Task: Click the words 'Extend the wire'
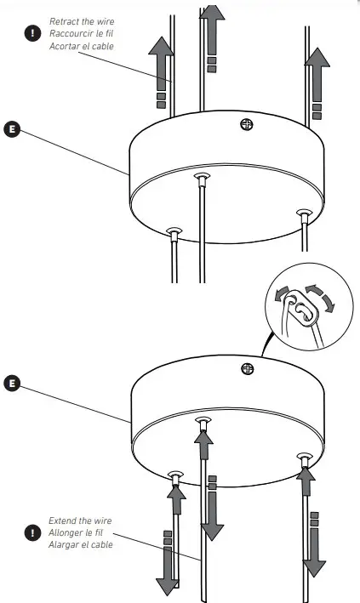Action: pos(80,521)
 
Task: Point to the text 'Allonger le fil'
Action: pos(79,532)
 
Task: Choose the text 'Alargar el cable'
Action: pos(81,544)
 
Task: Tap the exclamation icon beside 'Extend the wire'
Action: pos(32,532)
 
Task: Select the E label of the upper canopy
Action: pos(12,128)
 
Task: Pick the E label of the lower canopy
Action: pos(12,383)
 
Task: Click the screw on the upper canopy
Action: pos(248,124)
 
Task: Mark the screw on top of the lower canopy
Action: pos(248,368)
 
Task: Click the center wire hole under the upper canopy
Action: pos(202,179)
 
